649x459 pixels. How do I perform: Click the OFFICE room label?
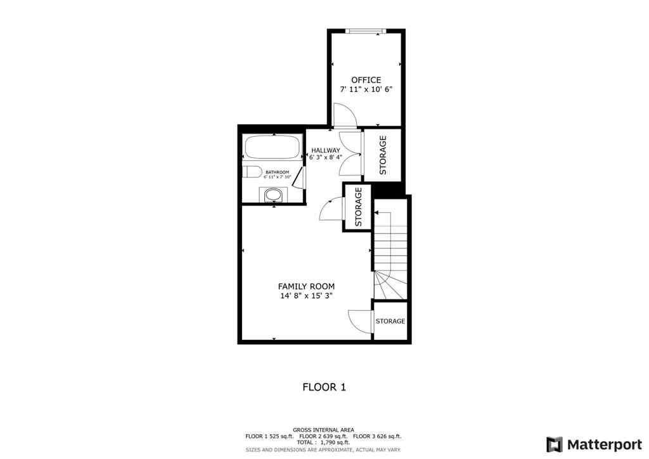click(x=366, y=80)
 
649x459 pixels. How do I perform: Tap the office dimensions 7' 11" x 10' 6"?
click(x=366, y=89)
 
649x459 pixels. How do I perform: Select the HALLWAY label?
click(x=325, y=150)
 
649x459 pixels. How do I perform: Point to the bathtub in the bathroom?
click(x=273, y=148)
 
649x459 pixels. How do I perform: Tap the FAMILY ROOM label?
click(x=306, y=287)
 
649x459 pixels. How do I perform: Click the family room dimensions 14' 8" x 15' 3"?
click(x=306, y=296)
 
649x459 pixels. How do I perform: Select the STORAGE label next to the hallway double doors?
click(x=382, y=155)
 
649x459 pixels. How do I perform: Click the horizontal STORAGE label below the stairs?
click(x=390, y=321)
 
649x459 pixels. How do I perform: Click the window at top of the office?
click(x=366, y=30)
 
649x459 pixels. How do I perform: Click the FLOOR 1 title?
click(x=324, y=387)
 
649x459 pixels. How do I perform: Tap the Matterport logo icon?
click(x=555, y=444)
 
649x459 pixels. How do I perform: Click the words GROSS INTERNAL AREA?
click(x=324, y=430)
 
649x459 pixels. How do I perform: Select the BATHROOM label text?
click(x=277, y=172)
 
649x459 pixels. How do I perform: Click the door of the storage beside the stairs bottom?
click(x=360, y=320)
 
